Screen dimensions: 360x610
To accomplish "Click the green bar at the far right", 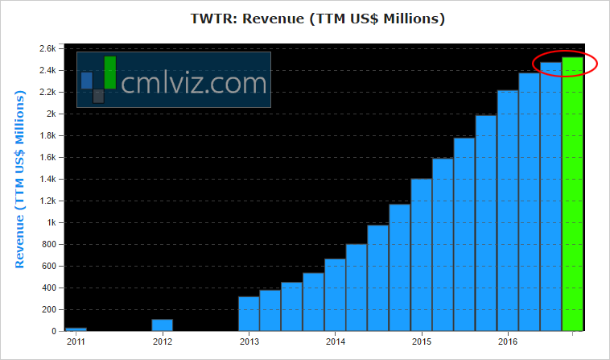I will click(572, 193).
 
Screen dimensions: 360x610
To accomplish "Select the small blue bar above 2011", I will click(76, 329).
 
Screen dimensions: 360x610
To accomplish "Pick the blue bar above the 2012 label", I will click(163, 325).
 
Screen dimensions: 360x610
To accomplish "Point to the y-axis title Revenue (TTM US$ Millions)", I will click(21, 180).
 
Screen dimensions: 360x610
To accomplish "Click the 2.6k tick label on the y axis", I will click(47, 48).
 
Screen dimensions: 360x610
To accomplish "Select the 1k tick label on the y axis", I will click(50, 222).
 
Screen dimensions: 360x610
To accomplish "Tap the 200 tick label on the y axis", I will click(47, 309).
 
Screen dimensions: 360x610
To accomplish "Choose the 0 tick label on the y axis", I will click(53, 331).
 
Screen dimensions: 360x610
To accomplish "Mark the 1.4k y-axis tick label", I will click(47, 179).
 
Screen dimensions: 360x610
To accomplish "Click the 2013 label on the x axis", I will click(249, 342).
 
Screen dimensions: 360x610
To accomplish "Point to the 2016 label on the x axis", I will click(507, 342).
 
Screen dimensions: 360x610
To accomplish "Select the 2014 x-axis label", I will click(335, 342).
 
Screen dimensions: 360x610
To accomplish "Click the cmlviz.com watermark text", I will click(194, 82).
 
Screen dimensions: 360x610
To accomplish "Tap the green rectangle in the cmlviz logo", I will click(110, 72).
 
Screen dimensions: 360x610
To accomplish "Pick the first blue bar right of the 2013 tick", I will click(249, 313).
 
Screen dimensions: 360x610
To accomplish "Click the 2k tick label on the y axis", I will click(50, 114).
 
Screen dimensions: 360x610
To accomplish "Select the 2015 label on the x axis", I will click(421, 342).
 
